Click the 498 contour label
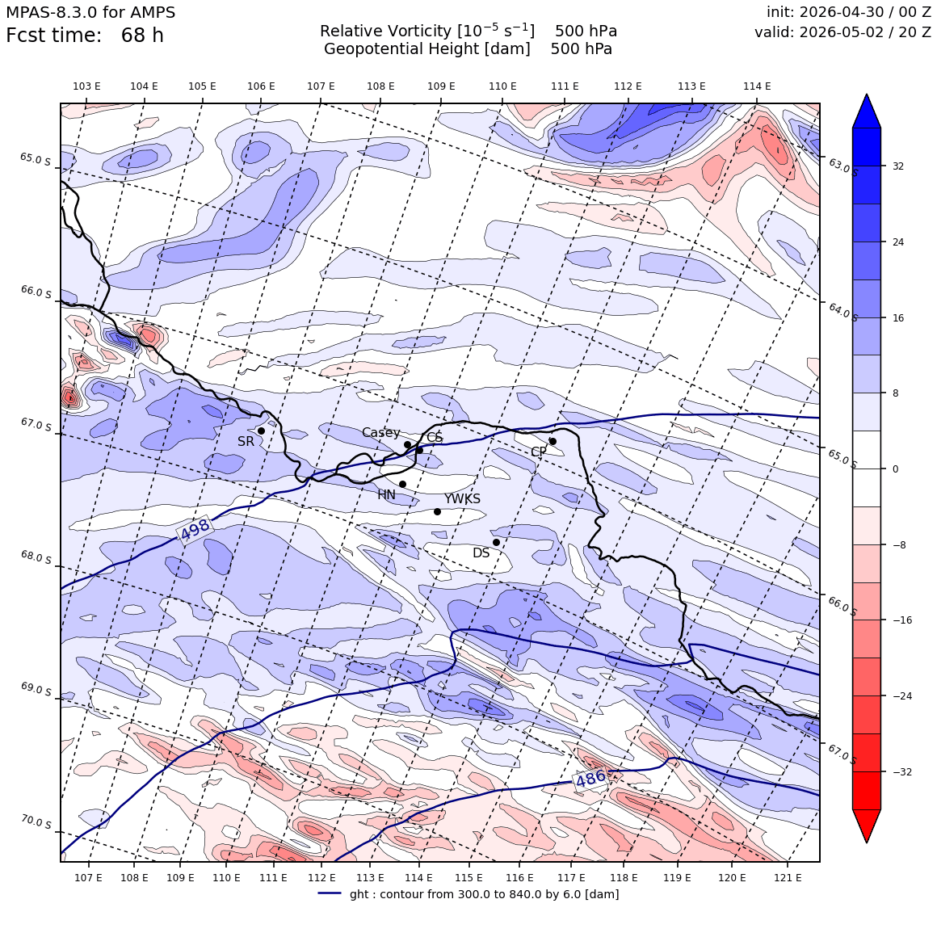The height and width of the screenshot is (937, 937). tap(195, 529)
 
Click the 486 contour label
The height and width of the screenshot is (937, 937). tap(591, 778)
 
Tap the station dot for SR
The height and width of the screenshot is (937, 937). tap(261, 431)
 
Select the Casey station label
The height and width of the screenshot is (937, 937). tap(380, 433)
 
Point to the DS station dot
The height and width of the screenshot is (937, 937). tap(496, 543)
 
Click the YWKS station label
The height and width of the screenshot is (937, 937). tap(462, 499)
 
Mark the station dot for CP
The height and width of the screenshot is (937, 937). tap(553, 442)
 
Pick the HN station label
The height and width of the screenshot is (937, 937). tap(387, 495)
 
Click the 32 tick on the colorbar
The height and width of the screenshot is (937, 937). tap(898, 166)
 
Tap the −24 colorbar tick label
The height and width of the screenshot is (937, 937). tap(902, 696)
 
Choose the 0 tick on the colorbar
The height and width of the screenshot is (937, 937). tap(895, 469)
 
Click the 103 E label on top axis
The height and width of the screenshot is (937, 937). tap(86, 86)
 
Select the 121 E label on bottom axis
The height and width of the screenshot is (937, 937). tap(788, 878)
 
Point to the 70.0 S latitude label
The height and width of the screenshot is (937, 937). tap(36, 822)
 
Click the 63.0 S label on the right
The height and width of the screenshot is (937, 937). tap(842, 166)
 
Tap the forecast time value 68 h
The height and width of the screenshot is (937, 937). tap(142, 36)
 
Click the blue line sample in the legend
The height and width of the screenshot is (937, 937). tap(330, 893)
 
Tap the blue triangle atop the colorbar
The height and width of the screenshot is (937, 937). tap(867, 111)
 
